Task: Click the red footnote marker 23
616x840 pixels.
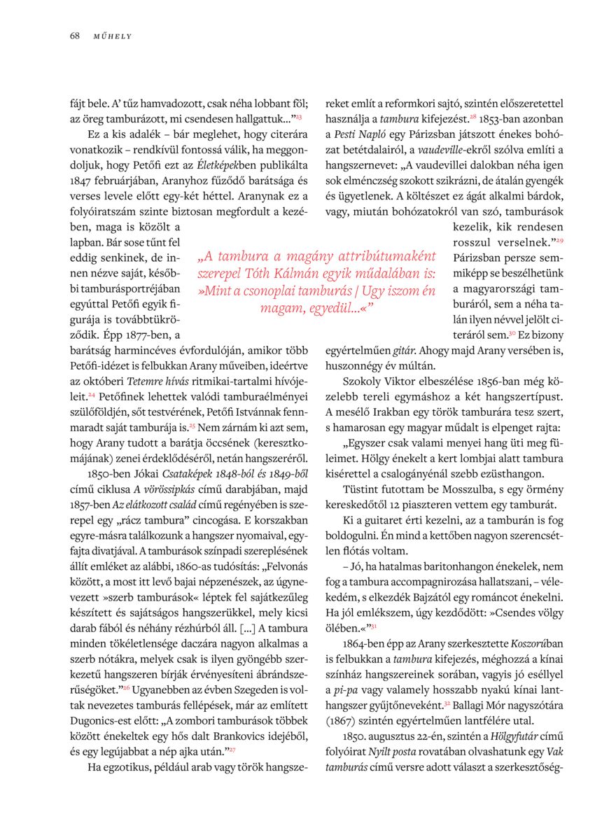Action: tap(298, 115)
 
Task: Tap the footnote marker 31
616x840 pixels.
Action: tap(374, 624)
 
